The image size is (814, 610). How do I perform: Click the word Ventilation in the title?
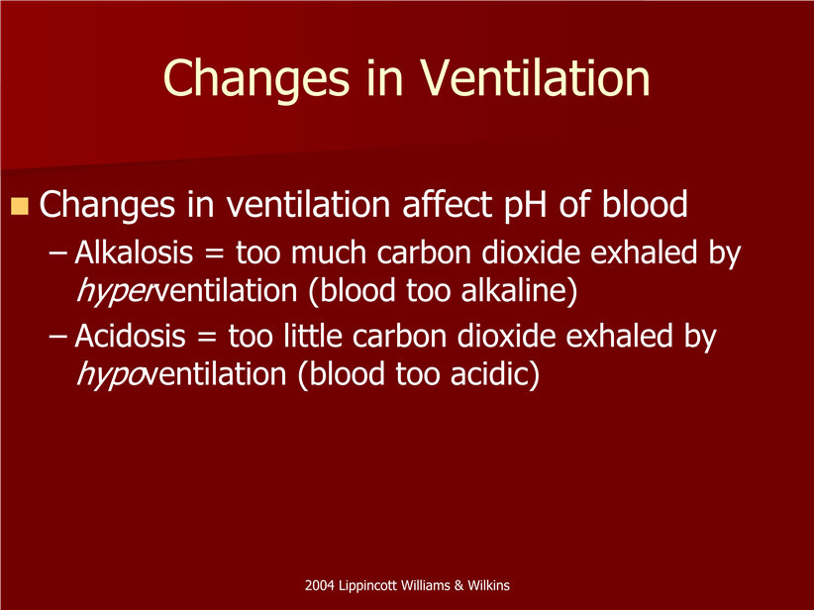coord(535,78)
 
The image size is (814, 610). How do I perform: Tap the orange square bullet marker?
coord(19,206)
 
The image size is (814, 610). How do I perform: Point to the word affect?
coord(448,204)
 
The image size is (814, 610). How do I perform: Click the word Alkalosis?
coord(134,253)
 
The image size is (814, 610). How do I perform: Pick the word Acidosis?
coord(131,337)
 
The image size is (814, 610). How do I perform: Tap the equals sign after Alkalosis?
coord(215,254)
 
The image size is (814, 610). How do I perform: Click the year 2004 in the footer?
coord(319,585)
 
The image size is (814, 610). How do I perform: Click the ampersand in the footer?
coord(458,585)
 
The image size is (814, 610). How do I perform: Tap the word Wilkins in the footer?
coord(488,585)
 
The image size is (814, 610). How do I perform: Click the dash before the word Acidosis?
coord(57,338)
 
